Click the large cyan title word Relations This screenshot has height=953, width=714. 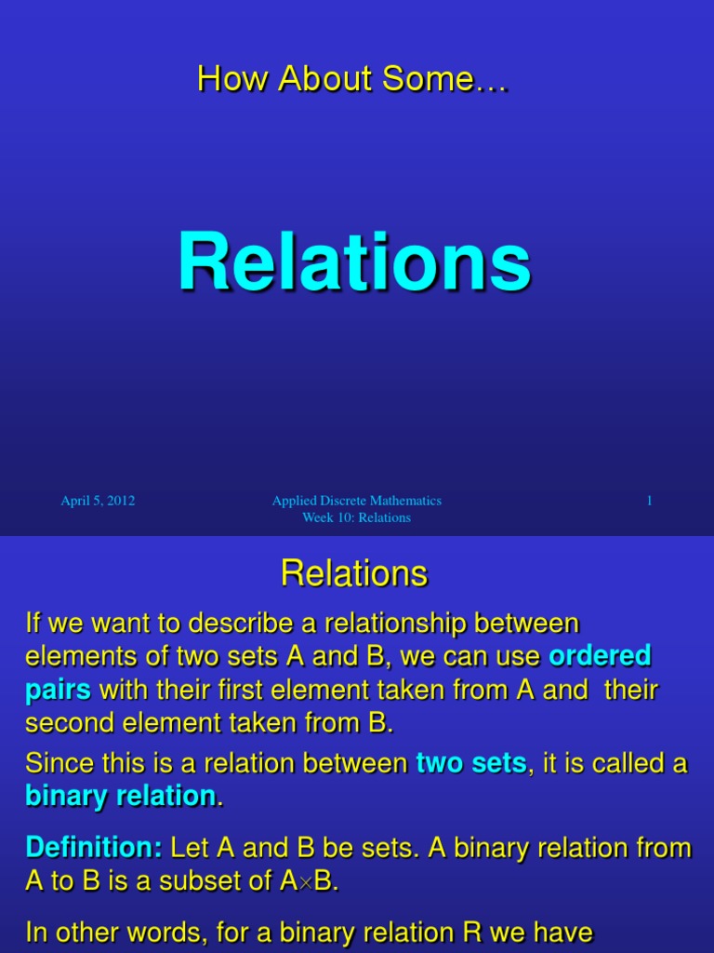point(354,262)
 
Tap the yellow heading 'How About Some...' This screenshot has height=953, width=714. point(352,79)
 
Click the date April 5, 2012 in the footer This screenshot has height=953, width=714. point(98,501)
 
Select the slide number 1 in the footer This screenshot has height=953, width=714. point(649,500)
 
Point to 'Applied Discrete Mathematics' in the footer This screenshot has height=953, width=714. point(356,500)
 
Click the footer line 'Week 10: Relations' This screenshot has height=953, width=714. point(356,517)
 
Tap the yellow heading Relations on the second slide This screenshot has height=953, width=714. point(354,572)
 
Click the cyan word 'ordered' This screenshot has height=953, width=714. point(600,655)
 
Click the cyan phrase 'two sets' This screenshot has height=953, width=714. point(471,763)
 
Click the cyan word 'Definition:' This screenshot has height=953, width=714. point(94,847)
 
